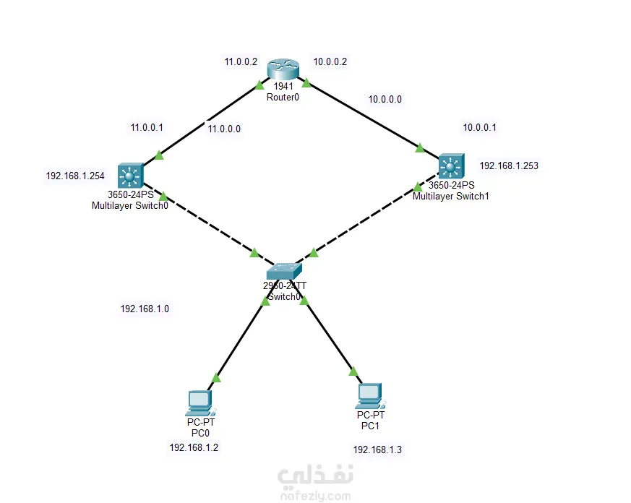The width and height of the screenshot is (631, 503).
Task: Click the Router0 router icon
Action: coord(282,69)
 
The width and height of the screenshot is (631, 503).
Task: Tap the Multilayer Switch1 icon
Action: coord(450,168)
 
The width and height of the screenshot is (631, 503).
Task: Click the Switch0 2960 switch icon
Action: coord(282,270)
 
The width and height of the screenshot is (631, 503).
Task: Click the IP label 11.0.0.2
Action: coord(241,62)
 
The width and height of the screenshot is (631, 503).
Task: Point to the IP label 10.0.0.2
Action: coord(330,61)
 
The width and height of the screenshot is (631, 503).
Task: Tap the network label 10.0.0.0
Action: coord(385,99)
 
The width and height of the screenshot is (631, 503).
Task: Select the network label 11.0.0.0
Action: coord(224,129)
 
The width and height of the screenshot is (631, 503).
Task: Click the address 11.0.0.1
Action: coord(147,127)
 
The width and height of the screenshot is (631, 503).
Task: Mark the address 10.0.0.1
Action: coord(480,127)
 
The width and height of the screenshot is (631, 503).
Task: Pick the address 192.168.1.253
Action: coord(509,165)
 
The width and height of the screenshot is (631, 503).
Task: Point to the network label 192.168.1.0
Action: coord(145,309)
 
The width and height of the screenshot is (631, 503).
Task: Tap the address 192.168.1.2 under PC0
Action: coord(194,447)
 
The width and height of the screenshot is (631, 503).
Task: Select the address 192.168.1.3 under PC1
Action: coord(377,450)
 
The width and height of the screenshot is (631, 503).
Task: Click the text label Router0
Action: coord(283,97)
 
